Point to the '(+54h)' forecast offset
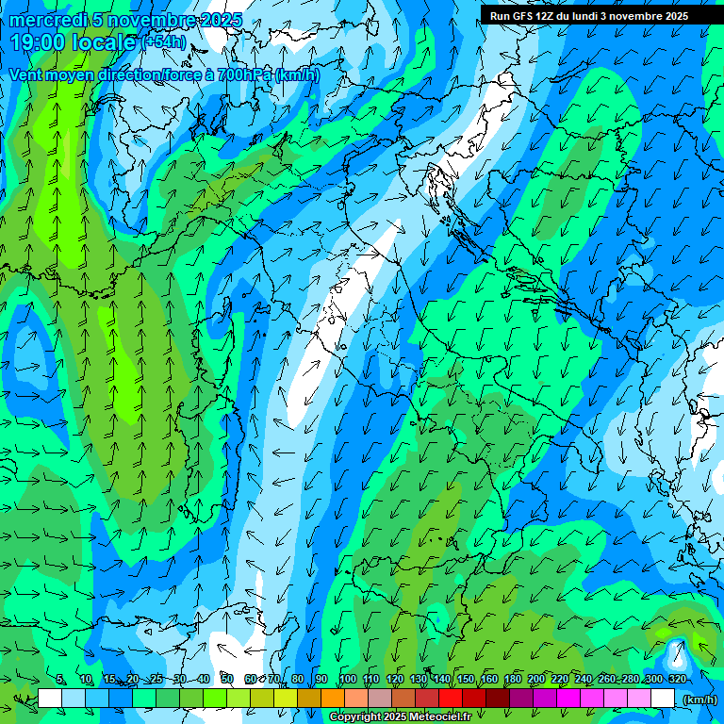pos(165,42)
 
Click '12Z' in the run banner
pos(547,16)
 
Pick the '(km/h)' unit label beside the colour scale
pos(699,699)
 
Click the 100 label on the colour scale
pos(347,679)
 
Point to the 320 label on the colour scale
pos(677,679)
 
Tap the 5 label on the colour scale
pos(60,679)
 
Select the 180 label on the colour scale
pos(512,679)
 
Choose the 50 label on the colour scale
pos(227,679)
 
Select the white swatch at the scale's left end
pos(50,699)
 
